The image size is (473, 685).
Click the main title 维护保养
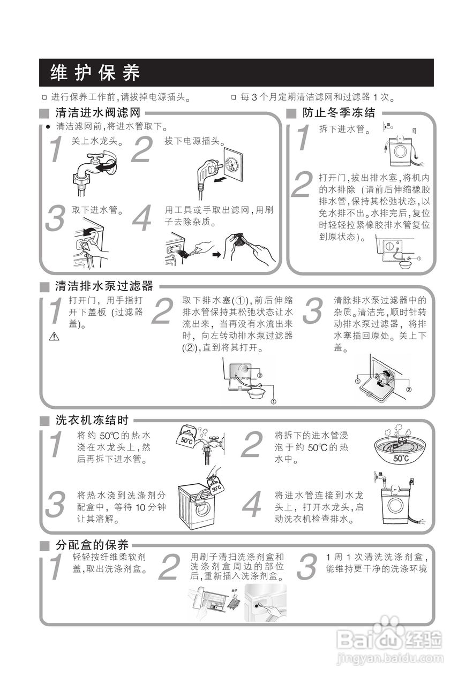click(95, 72)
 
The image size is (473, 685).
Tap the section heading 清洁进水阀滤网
click(97, 113)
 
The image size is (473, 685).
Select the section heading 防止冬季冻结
click(339, 113)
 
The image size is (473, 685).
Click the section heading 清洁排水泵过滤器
click(104, 286)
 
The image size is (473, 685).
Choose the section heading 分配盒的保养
click(92, 545)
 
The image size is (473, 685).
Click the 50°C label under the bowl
click(401, 458)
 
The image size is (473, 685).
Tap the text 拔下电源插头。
click(193, 141)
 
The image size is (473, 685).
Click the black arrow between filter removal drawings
click(216, 254)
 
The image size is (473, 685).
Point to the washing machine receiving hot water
click(196, 504)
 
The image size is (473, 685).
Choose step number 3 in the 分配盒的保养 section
click(306, 568)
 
